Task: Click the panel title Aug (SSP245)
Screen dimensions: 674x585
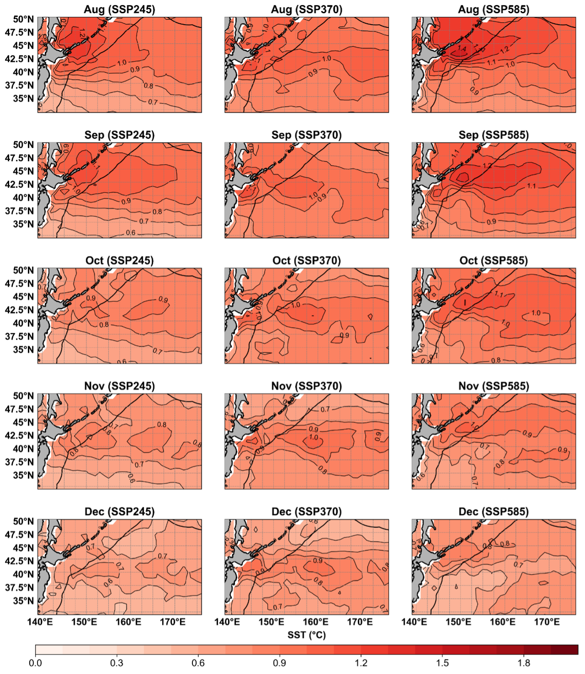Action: point(120,9)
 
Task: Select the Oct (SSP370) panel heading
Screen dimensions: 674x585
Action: point(306,261)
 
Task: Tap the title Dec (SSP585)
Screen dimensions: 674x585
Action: point(493,511)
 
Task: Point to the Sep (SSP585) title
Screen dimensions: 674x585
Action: point(493,135)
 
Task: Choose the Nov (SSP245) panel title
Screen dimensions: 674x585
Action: point(120,386)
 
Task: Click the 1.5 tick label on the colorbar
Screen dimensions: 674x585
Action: point(443,663)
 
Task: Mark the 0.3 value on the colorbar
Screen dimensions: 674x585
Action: point(117,663)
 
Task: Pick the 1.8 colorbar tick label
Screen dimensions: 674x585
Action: point(524,663)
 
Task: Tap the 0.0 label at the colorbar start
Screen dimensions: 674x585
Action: point(35,663)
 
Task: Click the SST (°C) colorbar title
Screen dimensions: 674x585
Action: point(306,635)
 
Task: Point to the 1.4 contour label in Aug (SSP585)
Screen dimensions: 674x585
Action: point(461,49)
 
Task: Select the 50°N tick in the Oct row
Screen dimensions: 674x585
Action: point(23,270)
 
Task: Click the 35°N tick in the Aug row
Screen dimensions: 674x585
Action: point(23,98)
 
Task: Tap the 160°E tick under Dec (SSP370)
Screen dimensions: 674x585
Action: point(316,622)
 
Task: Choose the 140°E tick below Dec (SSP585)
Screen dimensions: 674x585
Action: point(414,622)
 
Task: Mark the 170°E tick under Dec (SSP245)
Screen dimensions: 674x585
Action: point(173,622)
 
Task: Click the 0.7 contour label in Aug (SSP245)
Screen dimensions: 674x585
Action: point(153,102)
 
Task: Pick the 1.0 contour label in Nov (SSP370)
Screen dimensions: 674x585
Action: point(314,437)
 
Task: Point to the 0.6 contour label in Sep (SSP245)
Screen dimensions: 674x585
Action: point(131,233)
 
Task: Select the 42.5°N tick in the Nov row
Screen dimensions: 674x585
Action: point(20,435)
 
